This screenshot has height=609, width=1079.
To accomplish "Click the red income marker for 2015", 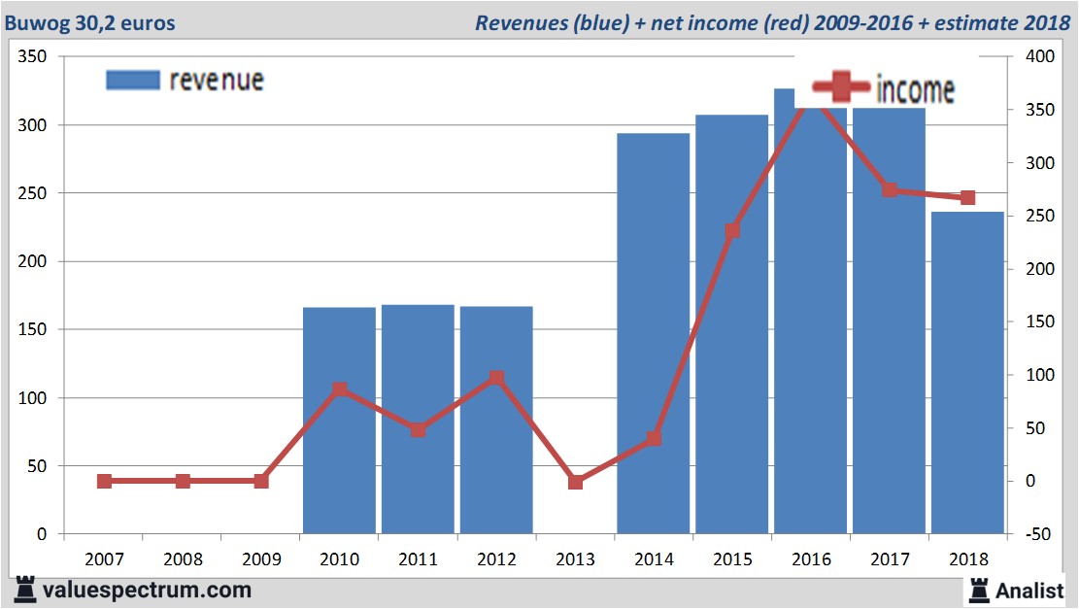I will pyautogui.click(x=732, y=231).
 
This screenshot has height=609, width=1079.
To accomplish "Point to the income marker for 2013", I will pyautogui.click(x=575, y=482).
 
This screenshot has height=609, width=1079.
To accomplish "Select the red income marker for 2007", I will pyautogui.click(x=104, y=481).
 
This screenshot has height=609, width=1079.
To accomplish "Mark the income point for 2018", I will pyautogui.click(x=967, y=198).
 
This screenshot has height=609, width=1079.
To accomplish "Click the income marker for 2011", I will pyautogui.click(x=418, y=429).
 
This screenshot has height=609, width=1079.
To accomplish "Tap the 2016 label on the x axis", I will pyautogui.click(x=811, y=559).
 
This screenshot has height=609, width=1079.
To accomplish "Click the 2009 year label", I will pyautogui.click(x=260, y=559).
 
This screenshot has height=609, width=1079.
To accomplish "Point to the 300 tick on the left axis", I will pyautogui.click(x=34, y=125).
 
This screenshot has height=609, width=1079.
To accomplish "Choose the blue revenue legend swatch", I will pyautogui.click(x=132, y=80).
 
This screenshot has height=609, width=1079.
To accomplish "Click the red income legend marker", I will pyautogui.click(x=834, y=87).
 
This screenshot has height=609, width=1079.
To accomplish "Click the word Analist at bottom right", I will pyautogui.click(x=1029, y=590).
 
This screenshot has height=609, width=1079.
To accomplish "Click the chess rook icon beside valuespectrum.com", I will pyautogui.click(x=25, y=589).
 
